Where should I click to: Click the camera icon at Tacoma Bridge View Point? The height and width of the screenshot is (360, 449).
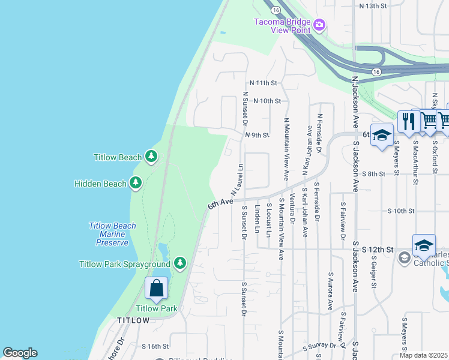tap(319, 25)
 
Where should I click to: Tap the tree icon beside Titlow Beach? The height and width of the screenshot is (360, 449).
tap(151, 157)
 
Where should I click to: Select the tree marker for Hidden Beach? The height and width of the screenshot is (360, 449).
tap(136, 183)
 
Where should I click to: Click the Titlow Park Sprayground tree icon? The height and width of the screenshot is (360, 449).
tap(179, 263)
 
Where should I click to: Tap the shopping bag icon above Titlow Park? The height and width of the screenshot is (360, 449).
tap(156, 289)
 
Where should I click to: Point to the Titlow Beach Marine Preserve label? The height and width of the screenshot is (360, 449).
tap(112, 234)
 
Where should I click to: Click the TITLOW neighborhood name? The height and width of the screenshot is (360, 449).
tap(133, 320)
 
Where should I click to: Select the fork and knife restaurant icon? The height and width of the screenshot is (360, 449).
tap(406, 121)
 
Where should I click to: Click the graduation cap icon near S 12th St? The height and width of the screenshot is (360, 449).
tap(424, 245)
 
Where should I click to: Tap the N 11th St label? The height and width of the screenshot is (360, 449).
tap(263, 83)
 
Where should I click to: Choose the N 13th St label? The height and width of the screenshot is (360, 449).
tap(373, 6)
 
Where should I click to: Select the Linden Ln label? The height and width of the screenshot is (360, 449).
tap(257, 220)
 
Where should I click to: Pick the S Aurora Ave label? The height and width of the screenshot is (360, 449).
tap(330, 290)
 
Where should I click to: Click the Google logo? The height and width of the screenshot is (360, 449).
tap(20, 353)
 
